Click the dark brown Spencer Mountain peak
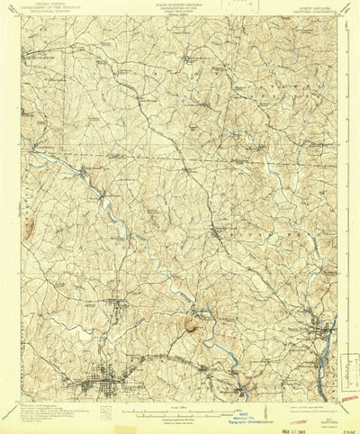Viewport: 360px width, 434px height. click(191, 321)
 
